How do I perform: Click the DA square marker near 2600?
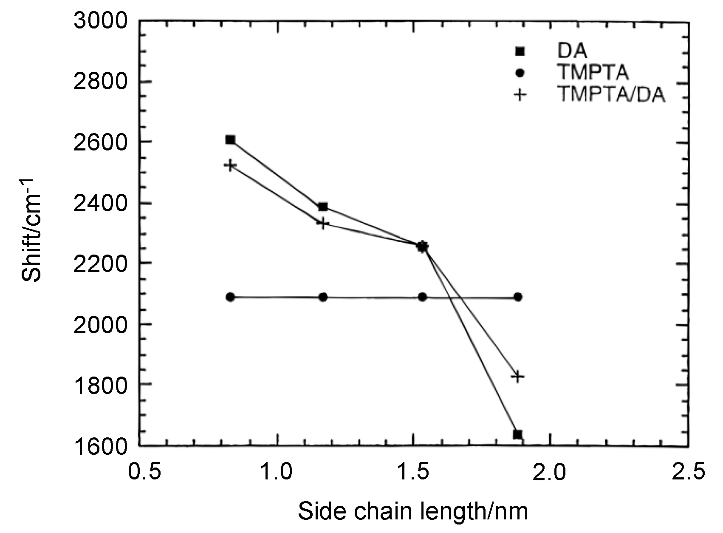pyautogui.click(x=230, y=140)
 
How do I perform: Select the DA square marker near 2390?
pyautogui.click(x=323, y=207)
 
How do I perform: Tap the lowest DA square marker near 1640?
pyautogui.click(x=517, y=434)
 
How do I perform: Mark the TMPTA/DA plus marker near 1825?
pyautogui.click(x=518, y=377)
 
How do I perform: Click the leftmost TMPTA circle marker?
pyautogui.click(x=230, y=297)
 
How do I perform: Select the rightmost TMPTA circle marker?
pyautogui.click(x=518, y=297)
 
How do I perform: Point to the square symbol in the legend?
pyautogui.click(x=520, y=51)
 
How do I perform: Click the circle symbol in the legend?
pyautogui.click(x=520, y=73)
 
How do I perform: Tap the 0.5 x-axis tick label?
pyautogui.click(x=144, y=472)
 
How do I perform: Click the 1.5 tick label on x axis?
pyautogui.click(x=414, y=472)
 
